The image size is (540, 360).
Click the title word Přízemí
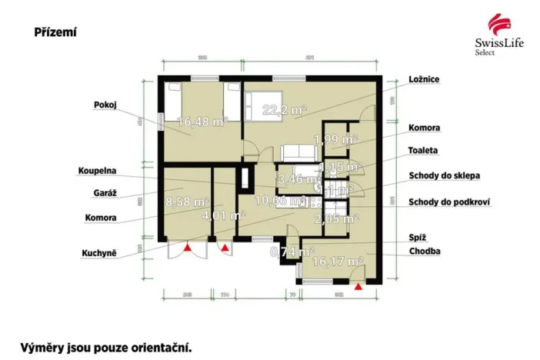click(55, 32)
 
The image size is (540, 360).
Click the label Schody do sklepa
click(445, 175)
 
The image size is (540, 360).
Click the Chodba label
click(425, 251)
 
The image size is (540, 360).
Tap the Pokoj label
click(105, 105)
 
